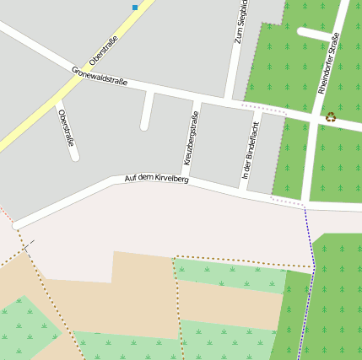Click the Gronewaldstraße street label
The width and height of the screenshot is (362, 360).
[x=100, y=76]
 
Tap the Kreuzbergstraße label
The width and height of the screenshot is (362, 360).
[x=191, y=137]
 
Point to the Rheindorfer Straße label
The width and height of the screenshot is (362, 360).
[x=329, y=63]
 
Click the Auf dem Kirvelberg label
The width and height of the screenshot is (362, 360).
[x=156, y=179]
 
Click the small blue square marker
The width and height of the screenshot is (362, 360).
[x=135, y=8]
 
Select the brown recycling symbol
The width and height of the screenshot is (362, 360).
[x=331, y=117]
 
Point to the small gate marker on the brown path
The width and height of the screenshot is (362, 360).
[x=28, y=246]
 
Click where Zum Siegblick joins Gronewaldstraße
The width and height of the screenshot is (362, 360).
[x=231, y=100]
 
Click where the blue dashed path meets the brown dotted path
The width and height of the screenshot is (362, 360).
[x=313, y=268]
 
